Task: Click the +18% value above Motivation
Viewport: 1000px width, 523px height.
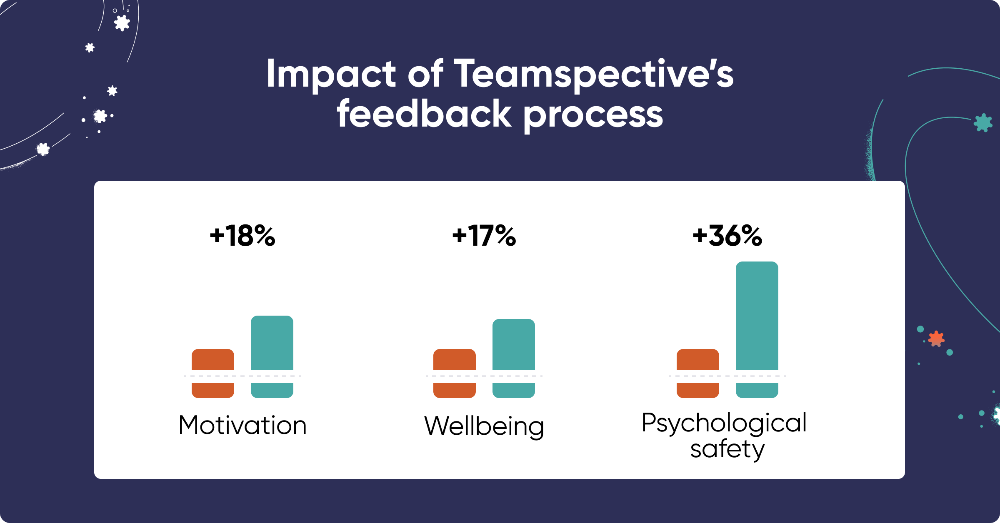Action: coord(242,236)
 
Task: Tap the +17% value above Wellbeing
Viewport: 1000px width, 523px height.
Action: coord(484,236)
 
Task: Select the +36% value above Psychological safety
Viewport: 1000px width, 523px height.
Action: coord(727,236)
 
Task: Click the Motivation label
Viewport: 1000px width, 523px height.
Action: coord(242,425)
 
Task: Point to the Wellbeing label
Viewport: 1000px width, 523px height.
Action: coord(484,426)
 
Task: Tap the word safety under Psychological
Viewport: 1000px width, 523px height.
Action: coord(727,449)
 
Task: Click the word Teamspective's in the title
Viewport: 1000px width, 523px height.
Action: coord(593,74)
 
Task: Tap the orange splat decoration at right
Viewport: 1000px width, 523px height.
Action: coord(936,339)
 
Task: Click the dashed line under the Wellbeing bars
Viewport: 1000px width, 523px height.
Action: coord(484,376)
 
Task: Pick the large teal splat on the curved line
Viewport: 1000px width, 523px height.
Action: coord(983,122)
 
